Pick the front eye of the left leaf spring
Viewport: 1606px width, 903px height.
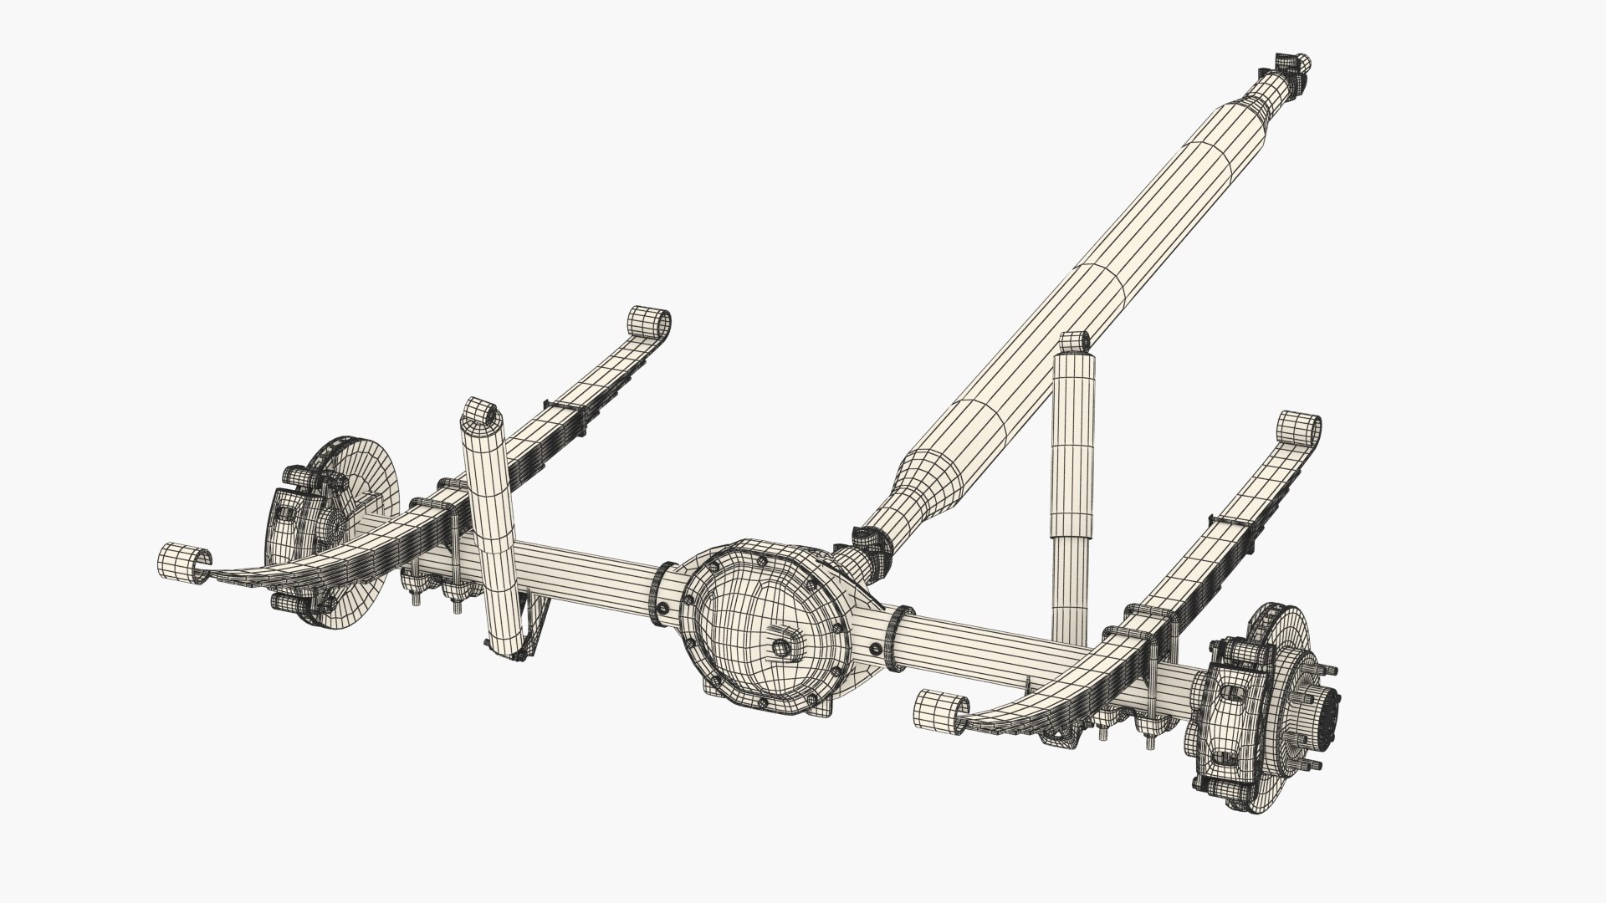pyautogui.click(x=183, y=559)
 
